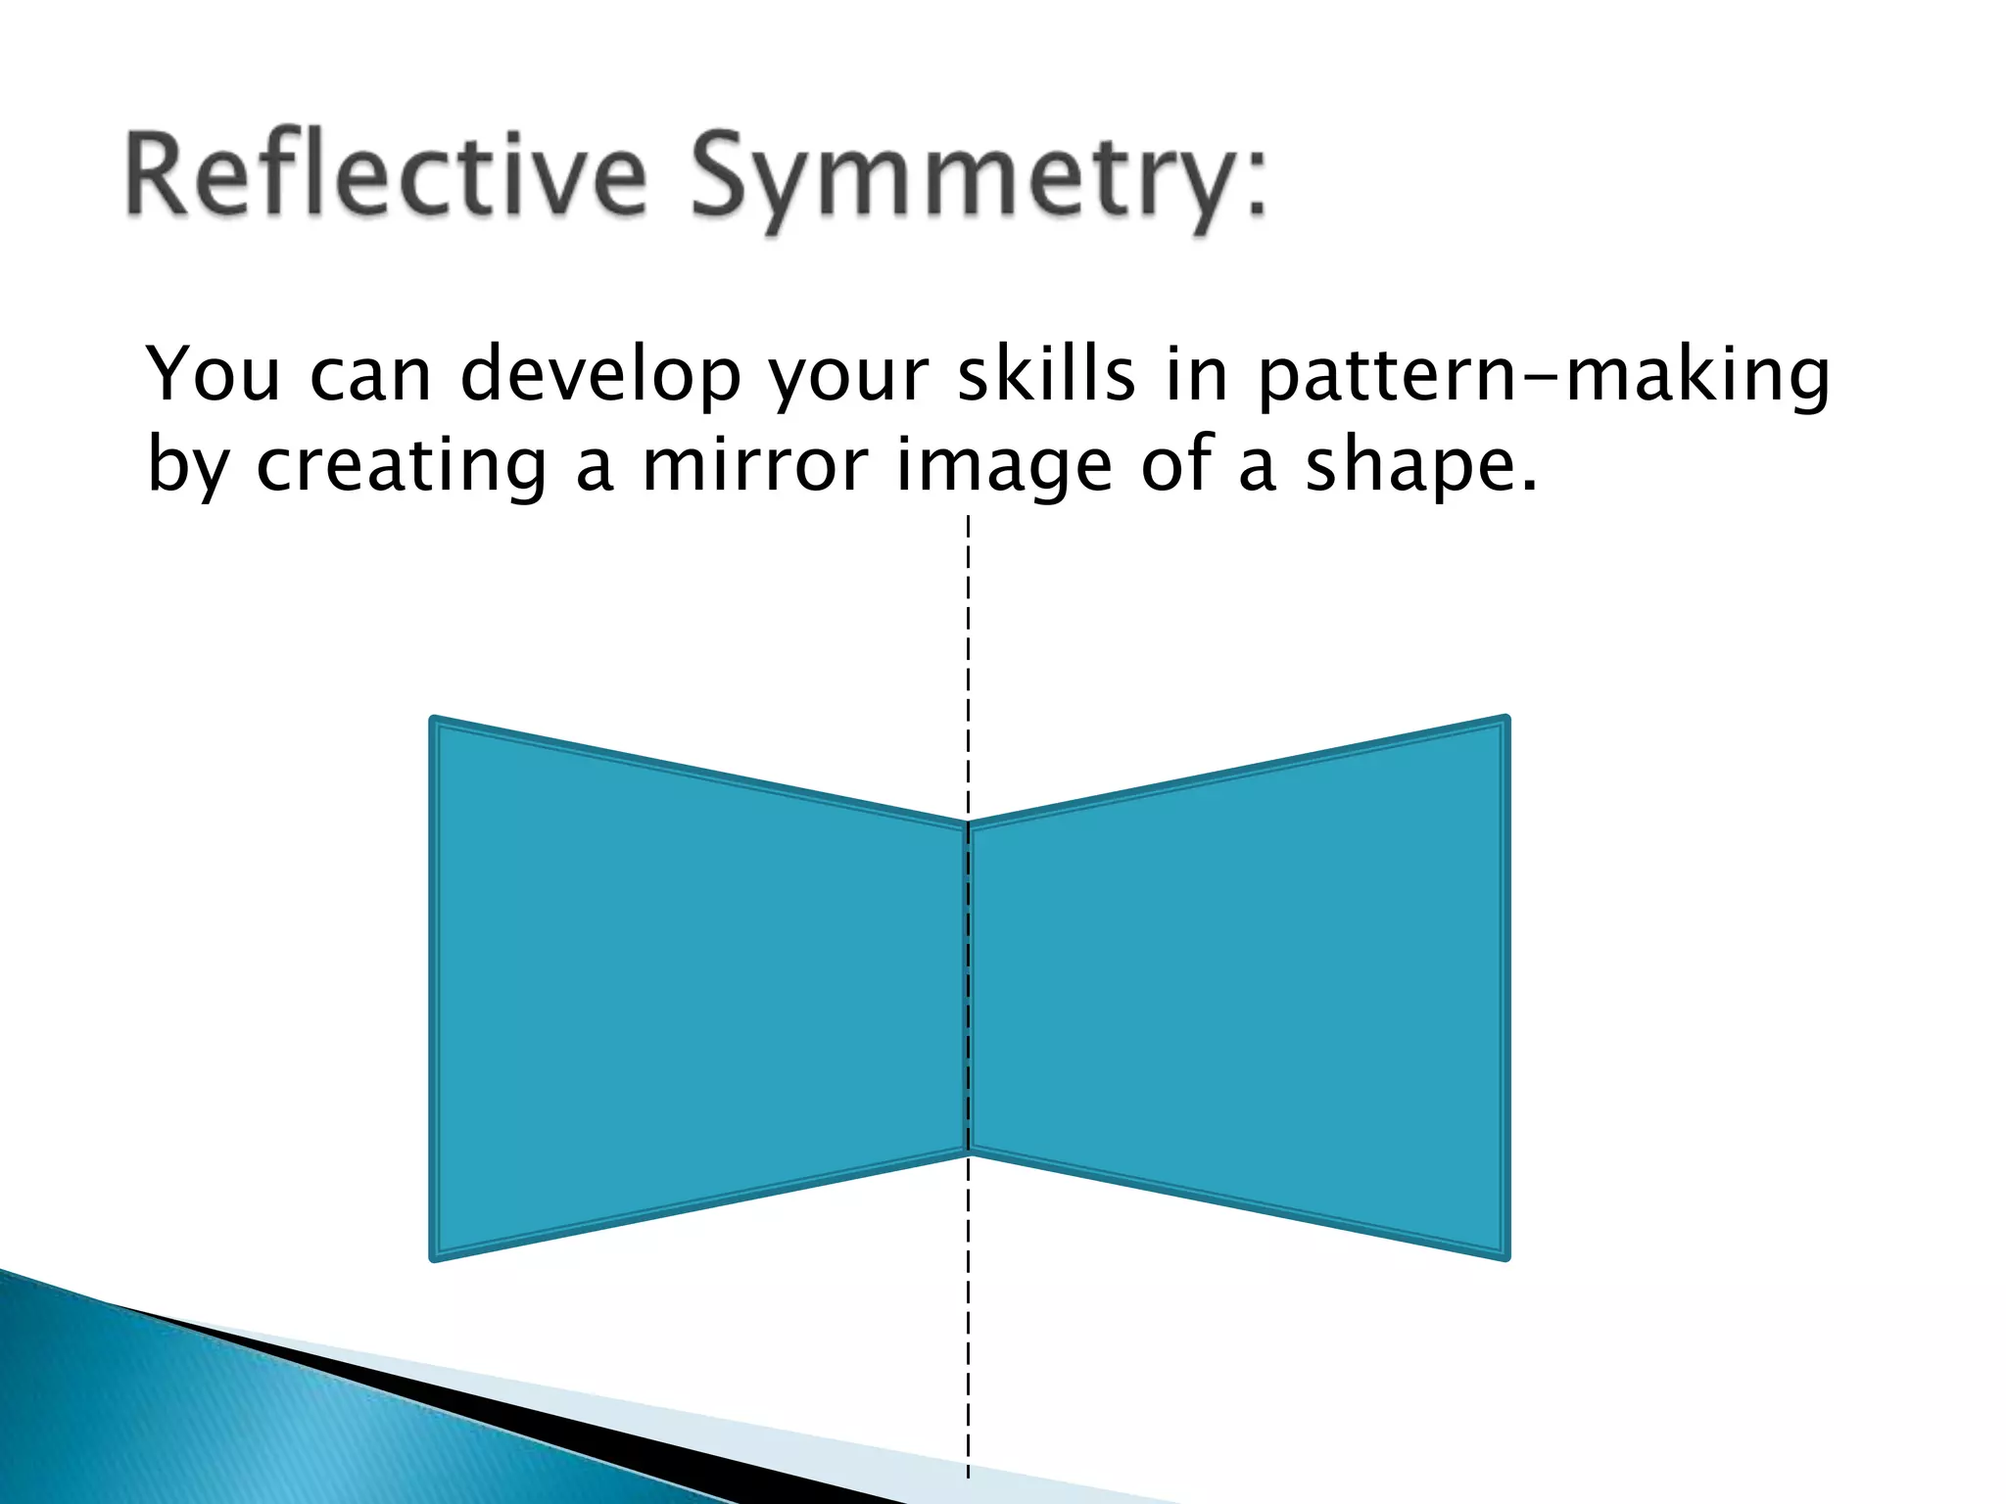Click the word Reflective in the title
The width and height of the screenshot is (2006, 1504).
pos(387,176)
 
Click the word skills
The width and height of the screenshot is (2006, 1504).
pos(1045,374)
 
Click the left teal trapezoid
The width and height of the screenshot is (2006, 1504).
pos(686,989)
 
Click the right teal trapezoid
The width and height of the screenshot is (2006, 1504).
pos(1244,989)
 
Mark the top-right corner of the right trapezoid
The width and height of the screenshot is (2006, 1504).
pos(1504,722)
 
